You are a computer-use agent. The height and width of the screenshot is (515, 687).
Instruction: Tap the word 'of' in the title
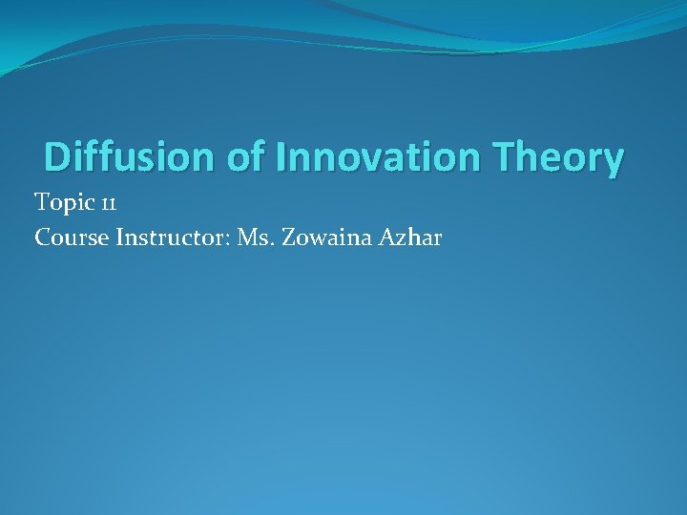[x=244, y=156]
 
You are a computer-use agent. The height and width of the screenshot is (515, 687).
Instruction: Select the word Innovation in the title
[x=376, y=156]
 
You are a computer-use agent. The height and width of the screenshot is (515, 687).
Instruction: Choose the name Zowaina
[x=327, y=237]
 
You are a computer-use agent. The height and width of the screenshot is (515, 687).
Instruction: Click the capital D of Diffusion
[x=57, y=156]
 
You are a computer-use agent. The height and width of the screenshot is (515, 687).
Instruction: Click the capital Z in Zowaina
[x=287, y=237]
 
